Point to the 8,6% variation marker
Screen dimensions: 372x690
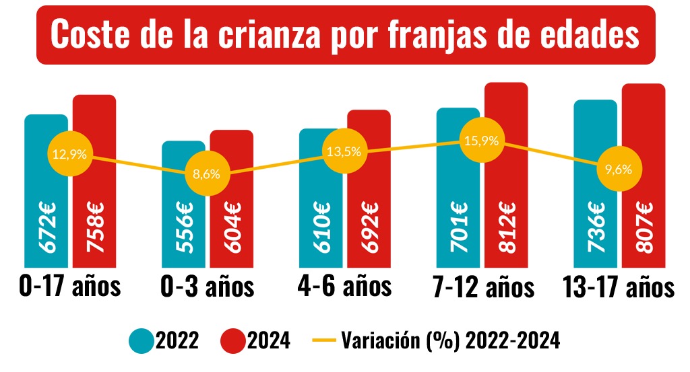tap(206, 174)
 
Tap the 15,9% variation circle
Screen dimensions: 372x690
tap(482, 141)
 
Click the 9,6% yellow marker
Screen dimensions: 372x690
tap(619, 169)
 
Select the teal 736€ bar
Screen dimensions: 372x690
tap(595, 222)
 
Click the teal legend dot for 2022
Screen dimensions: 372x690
tap(142, 341)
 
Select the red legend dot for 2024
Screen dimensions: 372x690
tap(233, 341)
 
